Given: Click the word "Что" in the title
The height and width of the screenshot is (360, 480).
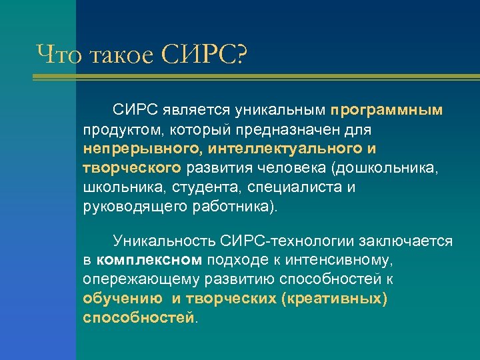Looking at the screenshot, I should tap(58, 54).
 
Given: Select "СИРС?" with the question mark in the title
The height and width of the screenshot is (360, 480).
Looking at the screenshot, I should tap(203, 54).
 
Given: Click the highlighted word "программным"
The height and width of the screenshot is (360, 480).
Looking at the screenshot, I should tap(387, 109).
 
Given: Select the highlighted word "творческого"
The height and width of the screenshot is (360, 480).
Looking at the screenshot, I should tap(132, 167).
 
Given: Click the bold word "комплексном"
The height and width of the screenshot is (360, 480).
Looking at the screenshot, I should tap(149, 259).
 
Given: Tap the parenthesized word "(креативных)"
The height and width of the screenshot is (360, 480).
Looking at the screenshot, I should tap(334, 298).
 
